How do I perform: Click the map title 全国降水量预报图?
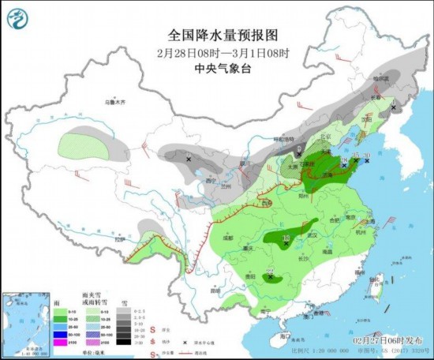[223, 35]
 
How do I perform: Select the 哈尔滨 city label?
[382, 78]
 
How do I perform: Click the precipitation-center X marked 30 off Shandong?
[367, 161]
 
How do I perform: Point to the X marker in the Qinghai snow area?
[189, 159]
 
